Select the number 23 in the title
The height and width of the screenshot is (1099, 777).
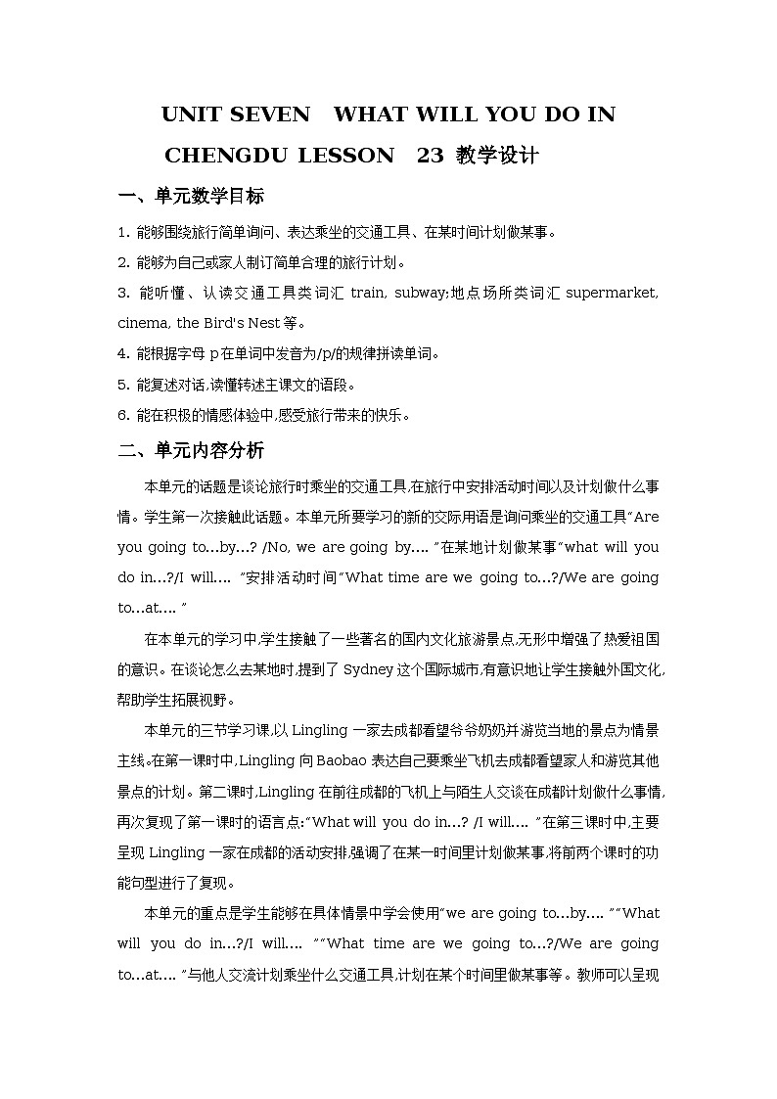click(430, 156)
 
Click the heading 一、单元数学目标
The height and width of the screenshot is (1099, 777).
click(191, 196)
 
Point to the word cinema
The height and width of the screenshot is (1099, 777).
click(144, 323)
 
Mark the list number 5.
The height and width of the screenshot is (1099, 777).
click(122, 384)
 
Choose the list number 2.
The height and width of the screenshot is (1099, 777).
click(122, 262)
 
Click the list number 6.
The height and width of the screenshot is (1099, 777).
click(122, 414)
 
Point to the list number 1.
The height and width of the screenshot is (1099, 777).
click(122, 232)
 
